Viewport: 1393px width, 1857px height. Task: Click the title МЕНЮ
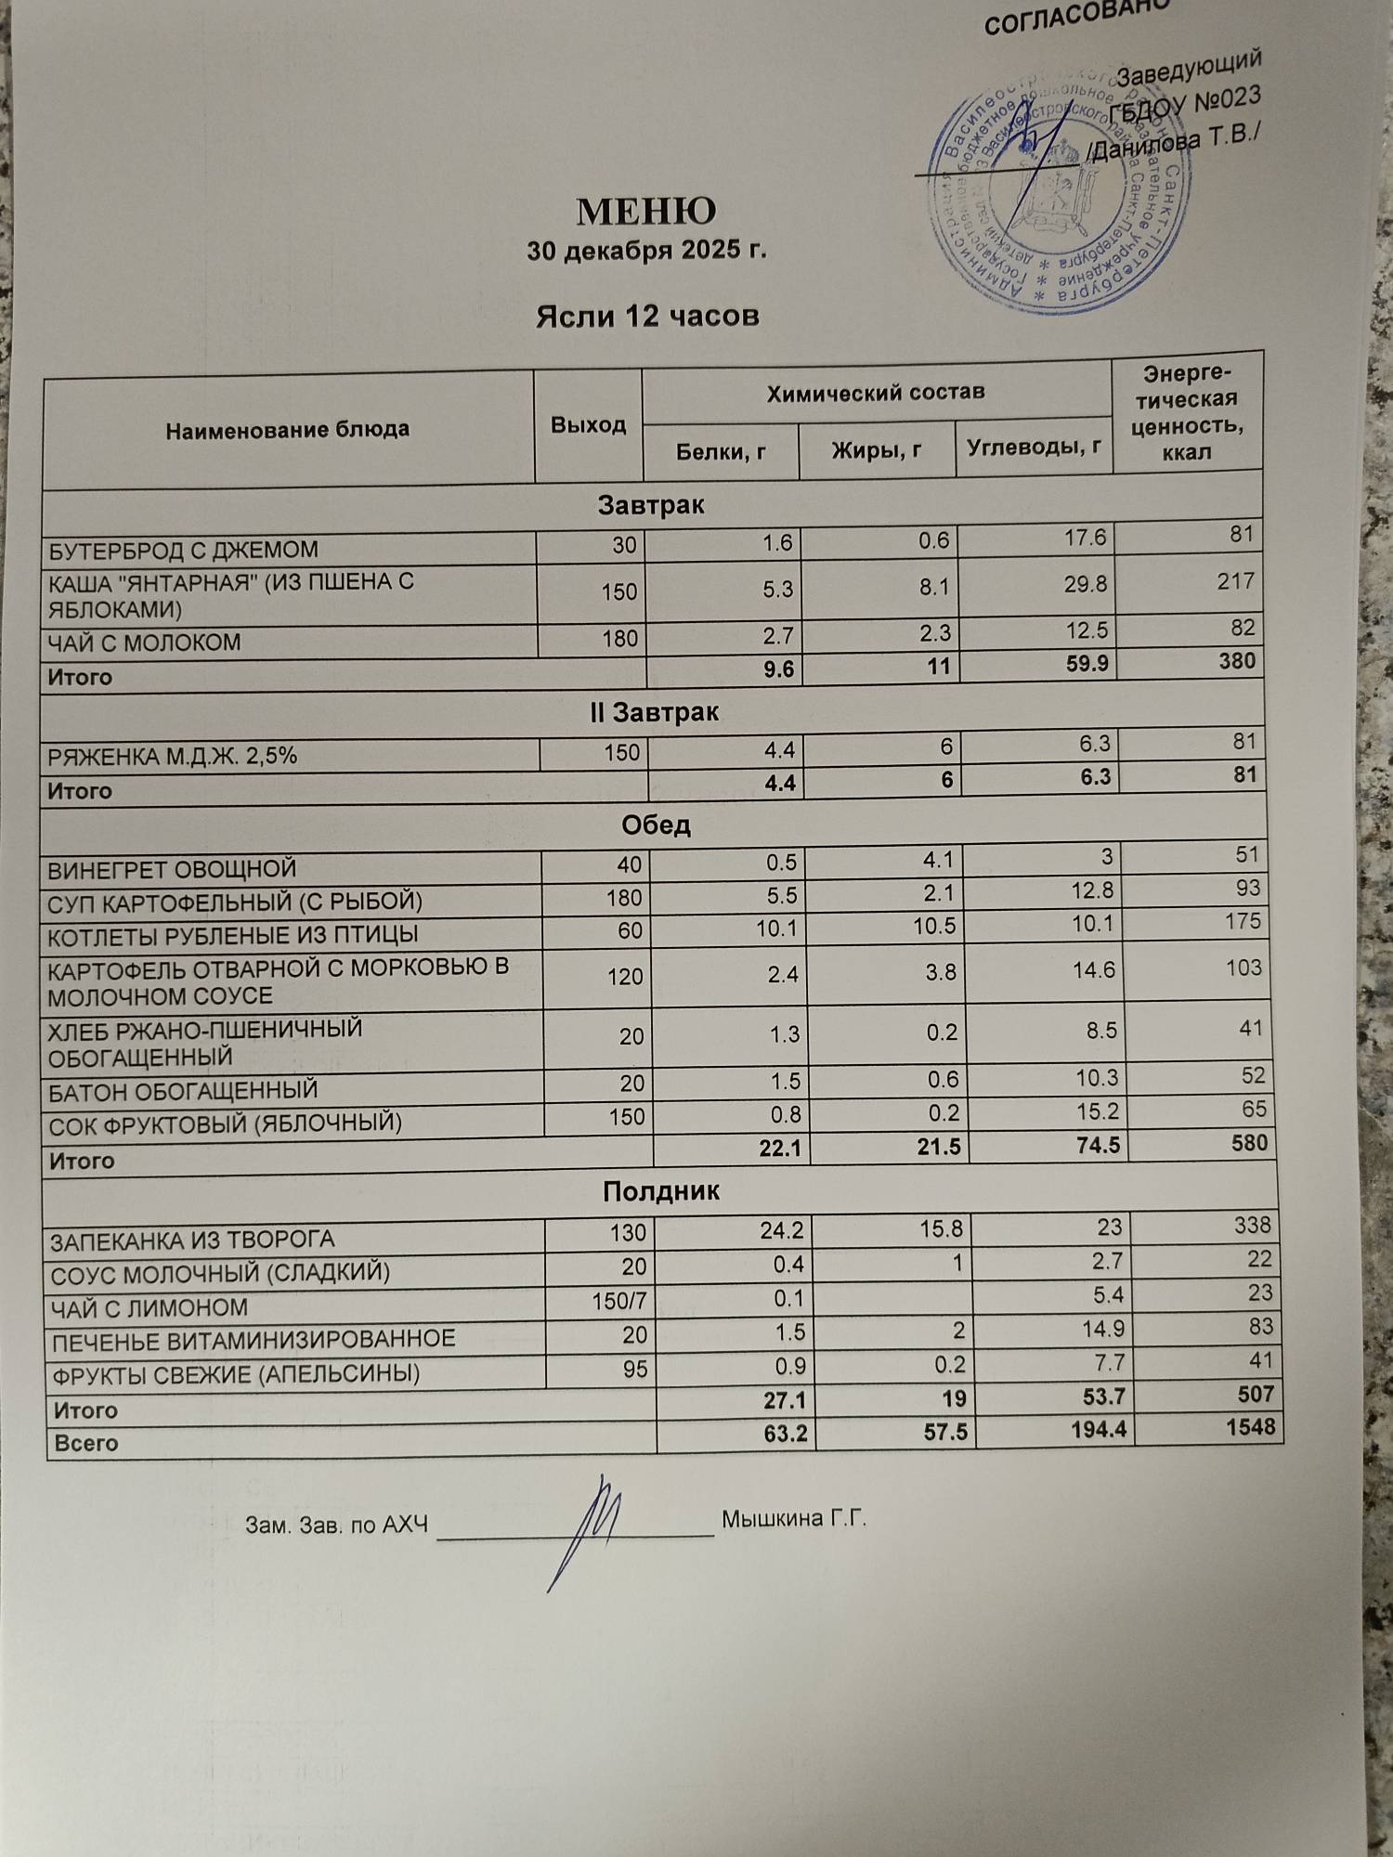tap(646, 212)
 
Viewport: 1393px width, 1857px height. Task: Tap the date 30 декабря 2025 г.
tap(646, 252)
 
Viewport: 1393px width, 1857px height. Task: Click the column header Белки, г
tap(721, 451)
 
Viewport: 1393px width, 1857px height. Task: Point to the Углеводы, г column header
tap(1034, 448)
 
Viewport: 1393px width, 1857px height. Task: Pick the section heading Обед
tap(656, 825)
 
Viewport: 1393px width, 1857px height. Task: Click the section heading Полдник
tap(660, 1191)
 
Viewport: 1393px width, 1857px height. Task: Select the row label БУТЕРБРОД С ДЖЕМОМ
tap(183, 551)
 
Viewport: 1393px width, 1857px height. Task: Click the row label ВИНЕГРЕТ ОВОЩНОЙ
tap(173, 870)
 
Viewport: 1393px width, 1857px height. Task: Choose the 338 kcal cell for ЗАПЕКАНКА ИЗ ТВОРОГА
tap(1252, 1226)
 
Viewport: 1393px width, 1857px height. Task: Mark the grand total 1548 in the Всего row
tap(1250, 1426)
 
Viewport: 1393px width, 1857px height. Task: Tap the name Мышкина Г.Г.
tap(793, 1520)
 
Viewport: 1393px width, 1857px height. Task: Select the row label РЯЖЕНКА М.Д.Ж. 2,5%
tap(173, 757)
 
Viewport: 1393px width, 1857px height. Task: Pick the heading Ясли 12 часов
tap(647, 317)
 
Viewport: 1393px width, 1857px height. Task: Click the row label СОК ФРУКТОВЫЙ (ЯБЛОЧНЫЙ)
tap(225, 1123)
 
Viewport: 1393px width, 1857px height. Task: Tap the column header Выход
tap(588, 425)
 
